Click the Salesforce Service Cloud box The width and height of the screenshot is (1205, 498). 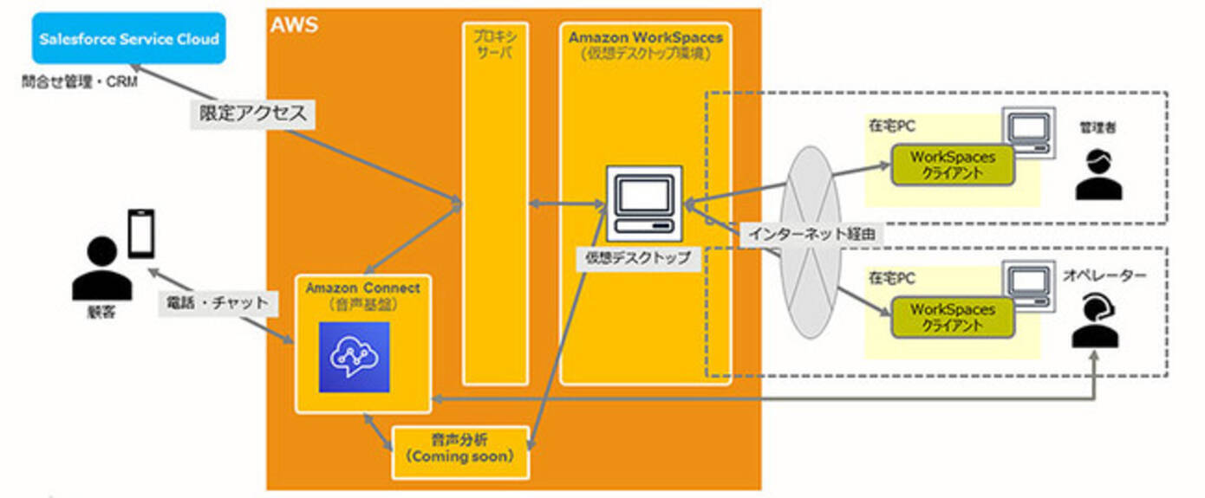tap(128, 39)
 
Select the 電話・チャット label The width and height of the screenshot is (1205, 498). tap(218, 304)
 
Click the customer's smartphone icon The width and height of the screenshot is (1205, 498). tap(141, 232)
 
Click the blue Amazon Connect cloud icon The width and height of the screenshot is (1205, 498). tap(354, 357)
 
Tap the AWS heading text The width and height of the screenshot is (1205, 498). tap(295, 24)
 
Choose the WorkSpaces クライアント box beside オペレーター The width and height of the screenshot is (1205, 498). tap(952, 317)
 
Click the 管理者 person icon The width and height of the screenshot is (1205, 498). tap(1098, 174)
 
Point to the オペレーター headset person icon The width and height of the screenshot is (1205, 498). tap(1095, 320)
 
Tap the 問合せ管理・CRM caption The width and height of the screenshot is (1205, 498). tap(80, 83)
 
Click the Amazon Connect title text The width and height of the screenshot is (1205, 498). tap(362, 288)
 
